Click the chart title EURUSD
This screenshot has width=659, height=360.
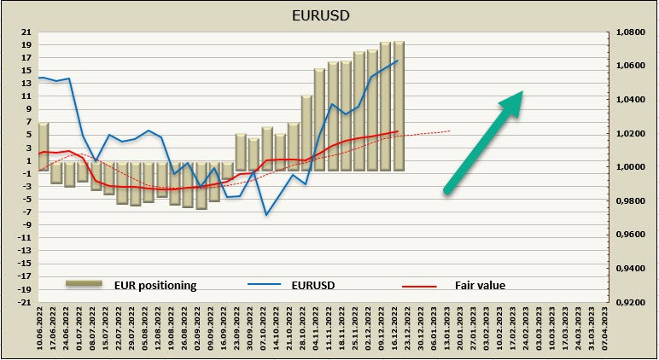[x=329, y=15]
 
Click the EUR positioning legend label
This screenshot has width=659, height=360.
[x=156, y=285]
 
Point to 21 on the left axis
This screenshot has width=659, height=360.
[x=26, y=32]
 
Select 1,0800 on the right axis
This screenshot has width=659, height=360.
[x=631, y=32]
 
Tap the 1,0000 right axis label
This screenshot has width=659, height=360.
[x=631, y=167]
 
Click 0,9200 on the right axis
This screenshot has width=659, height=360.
[x=631, y=302]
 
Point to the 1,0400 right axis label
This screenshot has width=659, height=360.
[x=631, y=100]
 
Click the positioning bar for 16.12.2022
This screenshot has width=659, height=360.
[x=399, y=107]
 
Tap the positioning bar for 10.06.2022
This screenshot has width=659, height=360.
[x=44, y=145]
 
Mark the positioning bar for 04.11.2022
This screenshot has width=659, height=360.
[x=319, y=119]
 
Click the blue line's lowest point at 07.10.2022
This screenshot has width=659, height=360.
[x=266, y=214]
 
